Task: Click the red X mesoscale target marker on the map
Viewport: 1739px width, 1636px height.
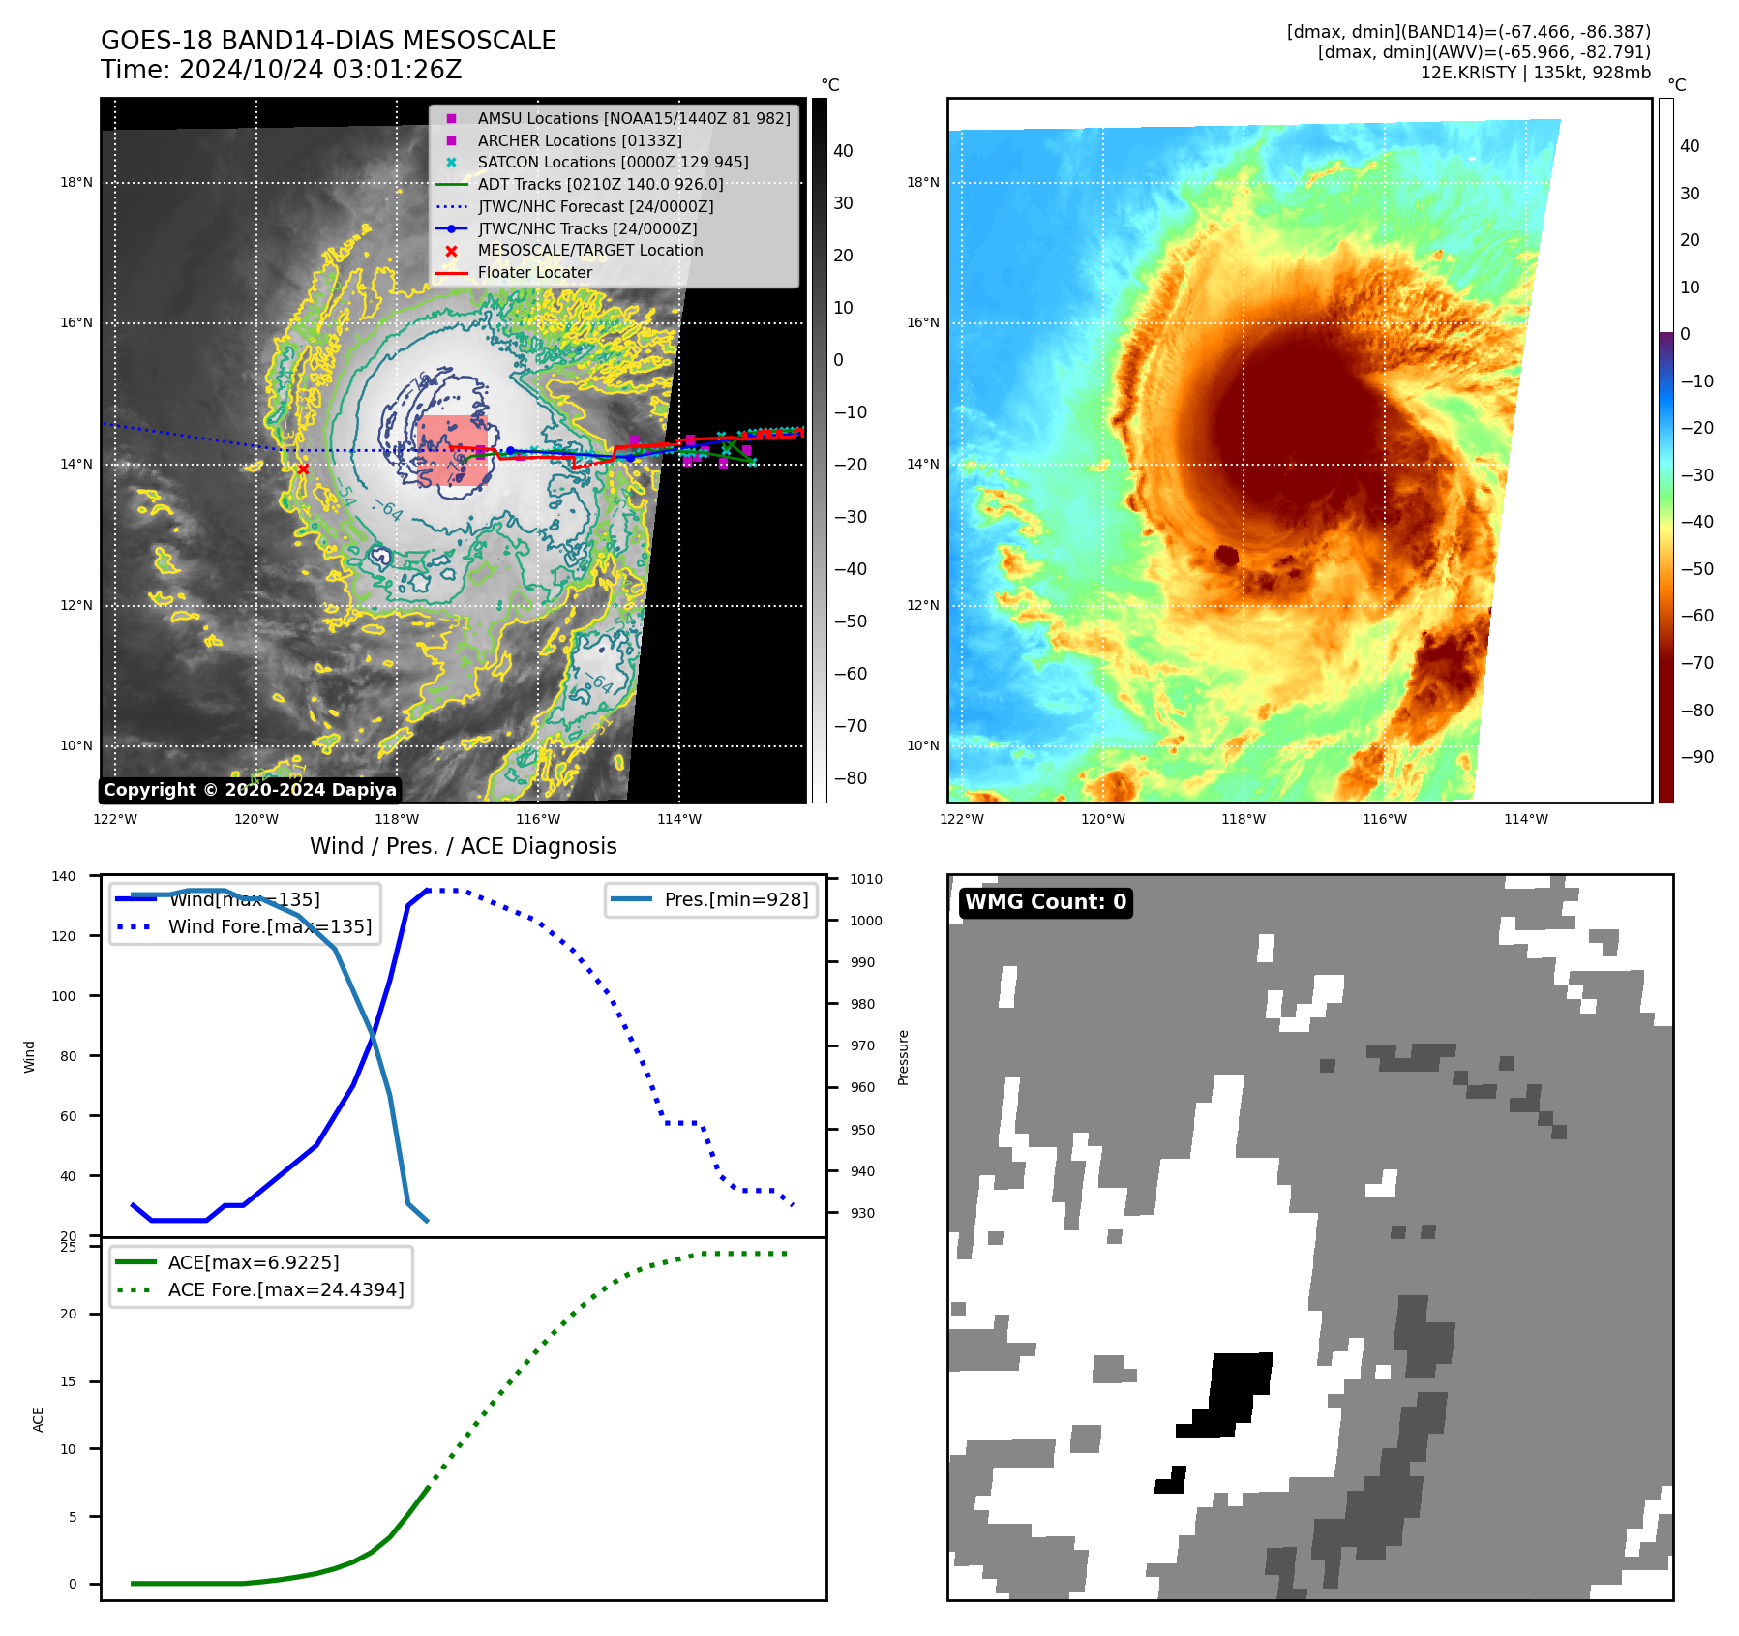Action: (303, 470)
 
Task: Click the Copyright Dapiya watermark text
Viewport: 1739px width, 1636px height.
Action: (250, 790)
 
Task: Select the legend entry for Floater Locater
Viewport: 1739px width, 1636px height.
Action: (534, 273)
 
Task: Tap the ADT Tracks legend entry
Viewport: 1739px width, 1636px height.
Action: (600, 184)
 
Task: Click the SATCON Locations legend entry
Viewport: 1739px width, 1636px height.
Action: (613, 163)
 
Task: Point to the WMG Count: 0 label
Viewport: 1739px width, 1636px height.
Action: (1045, 902)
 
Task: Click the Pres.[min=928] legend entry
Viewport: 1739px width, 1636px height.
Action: (735, 899)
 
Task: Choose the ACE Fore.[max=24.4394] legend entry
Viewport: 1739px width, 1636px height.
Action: (285, 1289)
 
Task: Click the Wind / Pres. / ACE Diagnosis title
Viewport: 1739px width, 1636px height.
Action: (463, 846)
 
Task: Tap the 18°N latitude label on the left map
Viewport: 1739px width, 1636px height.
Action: (76, 183)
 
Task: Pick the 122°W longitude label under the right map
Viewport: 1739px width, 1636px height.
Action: (962, 820)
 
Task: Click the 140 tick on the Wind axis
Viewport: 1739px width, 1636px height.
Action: (64, 876)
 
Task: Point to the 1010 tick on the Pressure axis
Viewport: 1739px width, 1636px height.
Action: (866, 879)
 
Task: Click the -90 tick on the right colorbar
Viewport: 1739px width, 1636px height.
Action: (1696, 757)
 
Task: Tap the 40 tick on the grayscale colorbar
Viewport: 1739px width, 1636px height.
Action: (843, 151)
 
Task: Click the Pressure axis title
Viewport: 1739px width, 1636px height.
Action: (904, 1057)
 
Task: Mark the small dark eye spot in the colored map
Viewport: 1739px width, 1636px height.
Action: (1227, 556)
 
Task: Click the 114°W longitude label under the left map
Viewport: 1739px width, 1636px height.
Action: (679, 820)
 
